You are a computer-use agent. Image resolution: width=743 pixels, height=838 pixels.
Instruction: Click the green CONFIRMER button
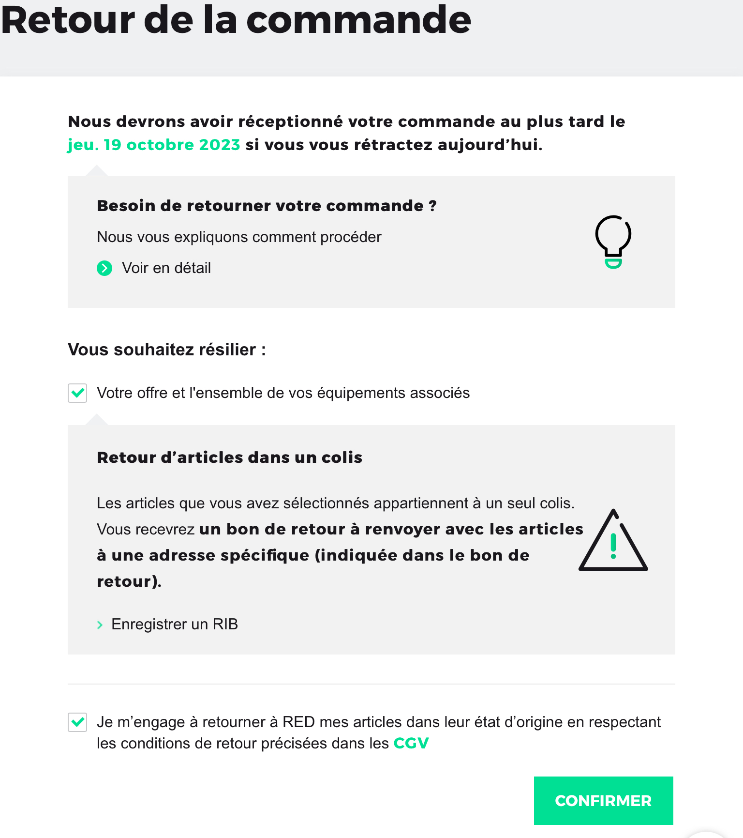tap(603, 800)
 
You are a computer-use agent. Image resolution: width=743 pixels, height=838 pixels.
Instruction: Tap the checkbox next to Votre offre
tap(77, 393)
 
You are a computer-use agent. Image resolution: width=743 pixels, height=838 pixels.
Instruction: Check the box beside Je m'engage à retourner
tap(77, 722)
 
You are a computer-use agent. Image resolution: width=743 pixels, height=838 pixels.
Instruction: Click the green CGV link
tap(411, 743)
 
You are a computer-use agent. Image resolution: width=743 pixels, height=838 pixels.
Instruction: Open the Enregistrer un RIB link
tap(174, 624)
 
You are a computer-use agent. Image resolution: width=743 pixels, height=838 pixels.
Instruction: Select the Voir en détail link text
tap(166, 268)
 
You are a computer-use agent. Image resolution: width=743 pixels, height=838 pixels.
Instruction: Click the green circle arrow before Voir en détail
tap(104, 268)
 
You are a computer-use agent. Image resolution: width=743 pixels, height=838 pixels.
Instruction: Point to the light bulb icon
tap(613, 241)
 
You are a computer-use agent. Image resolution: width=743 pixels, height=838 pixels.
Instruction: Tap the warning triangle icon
tap(613, 542)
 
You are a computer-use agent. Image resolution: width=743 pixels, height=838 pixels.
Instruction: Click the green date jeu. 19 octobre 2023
tap(154, 145)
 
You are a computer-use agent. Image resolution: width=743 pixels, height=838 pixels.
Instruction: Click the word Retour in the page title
tap(68, 20)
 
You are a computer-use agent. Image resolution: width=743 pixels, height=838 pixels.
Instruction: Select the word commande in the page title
tap(358, 20)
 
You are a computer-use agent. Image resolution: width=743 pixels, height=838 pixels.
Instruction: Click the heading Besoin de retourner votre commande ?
tap(267, 206)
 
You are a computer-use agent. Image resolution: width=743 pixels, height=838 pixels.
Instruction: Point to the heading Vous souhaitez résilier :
tap(167, 350)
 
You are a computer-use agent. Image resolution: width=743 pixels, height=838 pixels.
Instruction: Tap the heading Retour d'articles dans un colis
tap(229, 457)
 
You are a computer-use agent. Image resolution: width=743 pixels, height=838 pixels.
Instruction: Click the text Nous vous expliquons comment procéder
tap(239, 237)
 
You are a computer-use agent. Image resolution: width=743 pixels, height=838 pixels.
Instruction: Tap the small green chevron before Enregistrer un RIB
tap(100, 625)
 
